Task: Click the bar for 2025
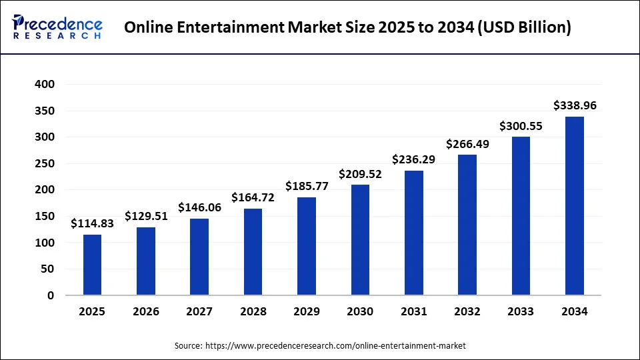[93, 265]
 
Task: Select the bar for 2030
[360, 240]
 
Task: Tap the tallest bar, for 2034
[574, 206]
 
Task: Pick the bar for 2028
[253, 251]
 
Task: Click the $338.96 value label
[575, 105]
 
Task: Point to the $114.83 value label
[93, 223]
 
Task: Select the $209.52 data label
[360, 174]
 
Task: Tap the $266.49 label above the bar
[467, 144]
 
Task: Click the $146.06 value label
[199, 207]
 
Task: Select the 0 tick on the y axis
[50, 295]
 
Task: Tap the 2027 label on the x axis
[199, 311]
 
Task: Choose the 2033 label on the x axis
[521, 311]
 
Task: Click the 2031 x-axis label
[413, 311]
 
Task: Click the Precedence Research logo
[57, 27]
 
